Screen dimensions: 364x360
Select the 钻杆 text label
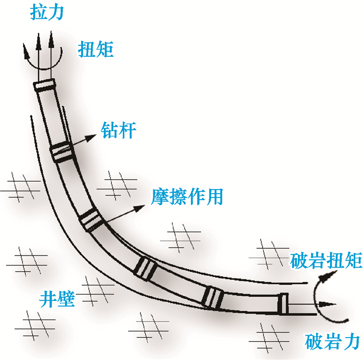[x=120, y=130]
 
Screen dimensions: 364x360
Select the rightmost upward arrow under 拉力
[x=51, y=44]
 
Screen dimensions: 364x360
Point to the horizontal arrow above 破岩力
[x=312, y=305]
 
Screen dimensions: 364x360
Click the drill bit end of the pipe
[x=283, y=304]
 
